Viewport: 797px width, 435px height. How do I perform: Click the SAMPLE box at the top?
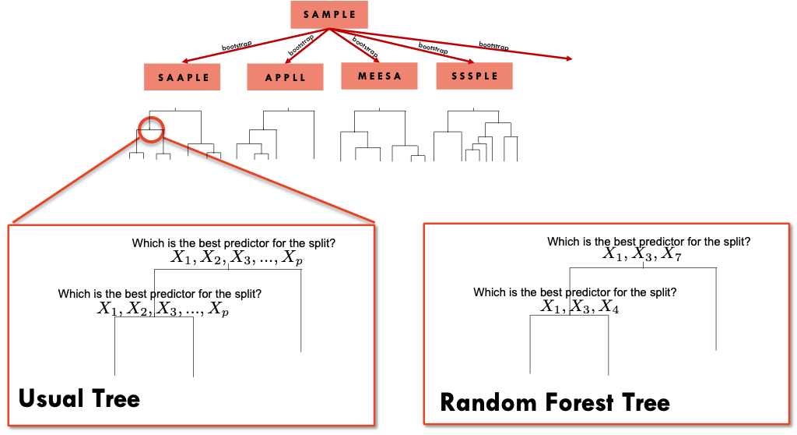pyautogui.click(x=328, y=15)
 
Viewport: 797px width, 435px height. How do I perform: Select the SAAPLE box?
pyautogui.click(x=184, y=77)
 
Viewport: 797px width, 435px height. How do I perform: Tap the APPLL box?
pyautogui.click(x=285, y=77)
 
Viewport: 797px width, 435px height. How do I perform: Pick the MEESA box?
pyautogui.click(x=379, y=76)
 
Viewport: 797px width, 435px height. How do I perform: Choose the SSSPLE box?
pyautogui.click(x=474, y=76)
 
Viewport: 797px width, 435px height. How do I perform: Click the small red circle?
pyautogui.click(x=151, y=129)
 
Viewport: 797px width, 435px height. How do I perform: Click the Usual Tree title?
pyautogui.click(x=79, y=399)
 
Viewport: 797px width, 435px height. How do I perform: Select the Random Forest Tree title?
pyautogui.click(x=555, y=402)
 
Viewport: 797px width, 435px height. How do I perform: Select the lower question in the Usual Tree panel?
pyautogui.click(x=160, y=294)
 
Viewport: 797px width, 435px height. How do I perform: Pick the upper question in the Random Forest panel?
pyautogui.click(x=648, y=242)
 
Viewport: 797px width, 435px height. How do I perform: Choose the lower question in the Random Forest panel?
pyautogui.click(x=574, y=292)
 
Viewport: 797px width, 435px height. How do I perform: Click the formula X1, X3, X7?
pyautogui.click(x=642, y=255)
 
